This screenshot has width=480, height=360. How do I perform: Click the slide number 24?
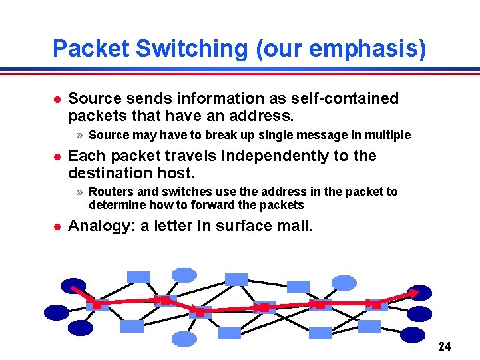point(445,347)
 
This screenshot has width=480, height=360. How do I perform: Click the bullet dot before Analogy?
point(57,226)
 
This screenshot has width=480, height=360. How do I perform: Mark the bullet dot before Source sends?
point(57,99)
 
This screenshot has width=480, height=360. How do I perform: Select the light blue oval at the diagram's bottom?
point(184,339)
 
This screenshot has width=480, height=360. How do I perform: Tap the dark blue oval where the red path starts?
point(73,286)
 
